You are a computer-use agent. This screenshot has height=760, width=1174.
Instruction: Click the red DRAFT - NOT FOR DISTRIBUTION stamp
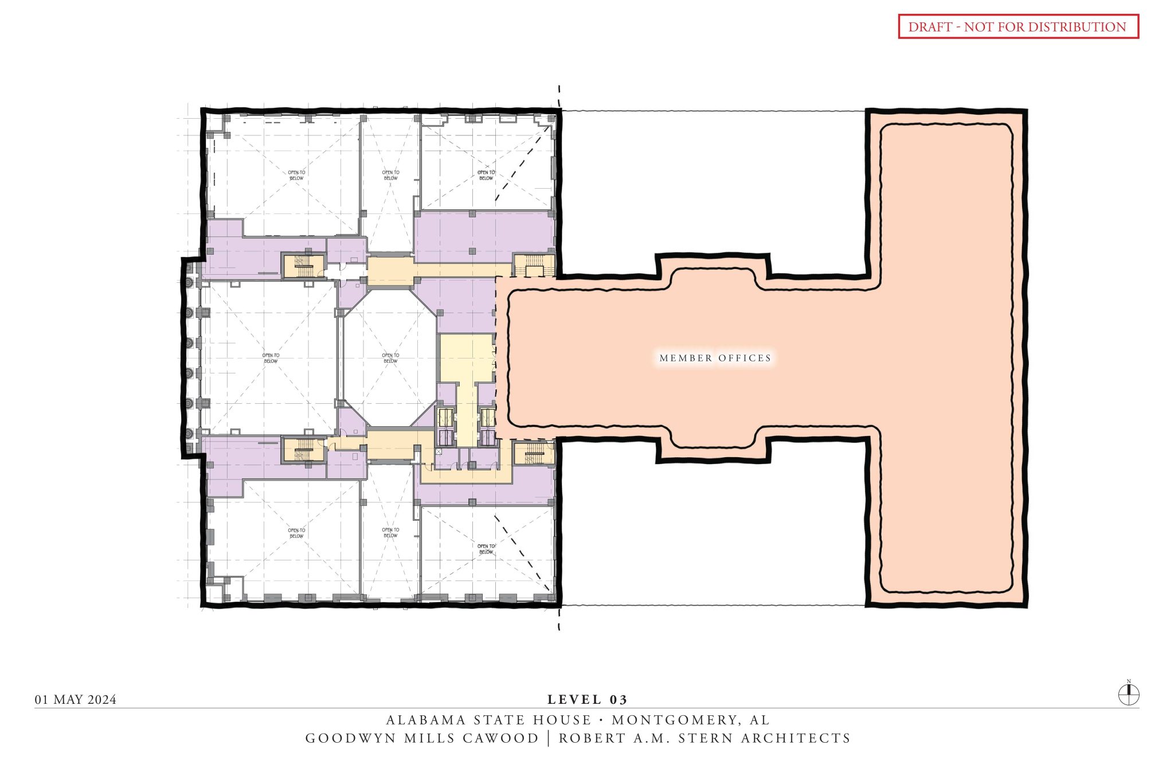click(x=1018, y=27)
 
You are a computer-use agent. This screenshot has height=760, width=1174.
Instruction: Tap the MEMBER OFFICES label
click(x=715, y=358)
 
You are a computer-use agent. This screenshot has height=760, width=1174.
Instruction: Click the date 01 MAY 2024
click(x=76, y=699)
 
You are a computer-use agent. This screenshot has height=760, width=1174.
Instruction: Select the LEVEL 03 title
click(x=587, y=699)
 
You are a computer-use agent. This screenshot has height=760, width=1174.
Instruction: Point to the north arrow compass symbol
click(x=1129, y=695)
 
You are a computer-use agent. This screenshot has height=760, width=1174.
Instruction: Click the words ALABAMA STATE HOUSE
click(x=488, y=720)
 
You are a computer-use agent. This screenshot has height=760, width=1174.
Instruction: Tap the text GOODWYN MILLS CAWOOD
click(x=422, y=738)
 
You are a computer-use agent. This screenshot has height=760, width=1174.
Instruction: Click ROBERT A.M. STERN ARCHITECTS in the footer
click(x=705, y=738)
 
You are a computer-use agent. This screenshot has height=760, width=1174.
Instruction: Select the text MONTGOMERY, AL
click(x=691, y=720)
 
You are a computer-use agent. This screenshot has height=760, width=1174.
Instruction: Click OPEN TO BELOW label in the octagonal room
click(x=390, y=358)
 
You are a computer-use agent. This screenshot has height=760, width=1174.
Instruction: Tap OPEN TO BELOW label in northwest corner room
click(x=296, y=175)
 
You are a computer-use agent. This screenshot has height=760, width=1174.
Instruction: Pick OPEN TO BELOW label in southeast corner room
click(x=486, y=549)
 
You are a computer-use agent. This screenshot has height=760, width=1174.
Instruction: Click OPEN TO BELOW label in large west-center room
click(x=271, y=358)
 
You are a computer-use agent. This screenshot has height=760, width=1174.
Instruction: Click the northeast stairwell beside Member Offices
click(x=534, y=265)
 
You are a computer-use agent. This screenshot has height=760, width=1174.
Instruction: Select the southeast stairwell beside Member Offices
click(x=534, y=453)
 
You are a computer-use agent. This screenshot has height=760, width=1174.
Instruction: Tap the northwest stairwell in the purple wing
click(x=303, y=266)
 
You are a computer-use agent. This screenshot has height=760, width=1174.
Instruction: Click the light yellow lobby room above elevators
click(x=465, y=357)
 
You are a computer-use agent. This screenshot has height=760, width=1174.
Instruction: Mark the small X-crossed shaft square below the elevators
click(x=439, y=452)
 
